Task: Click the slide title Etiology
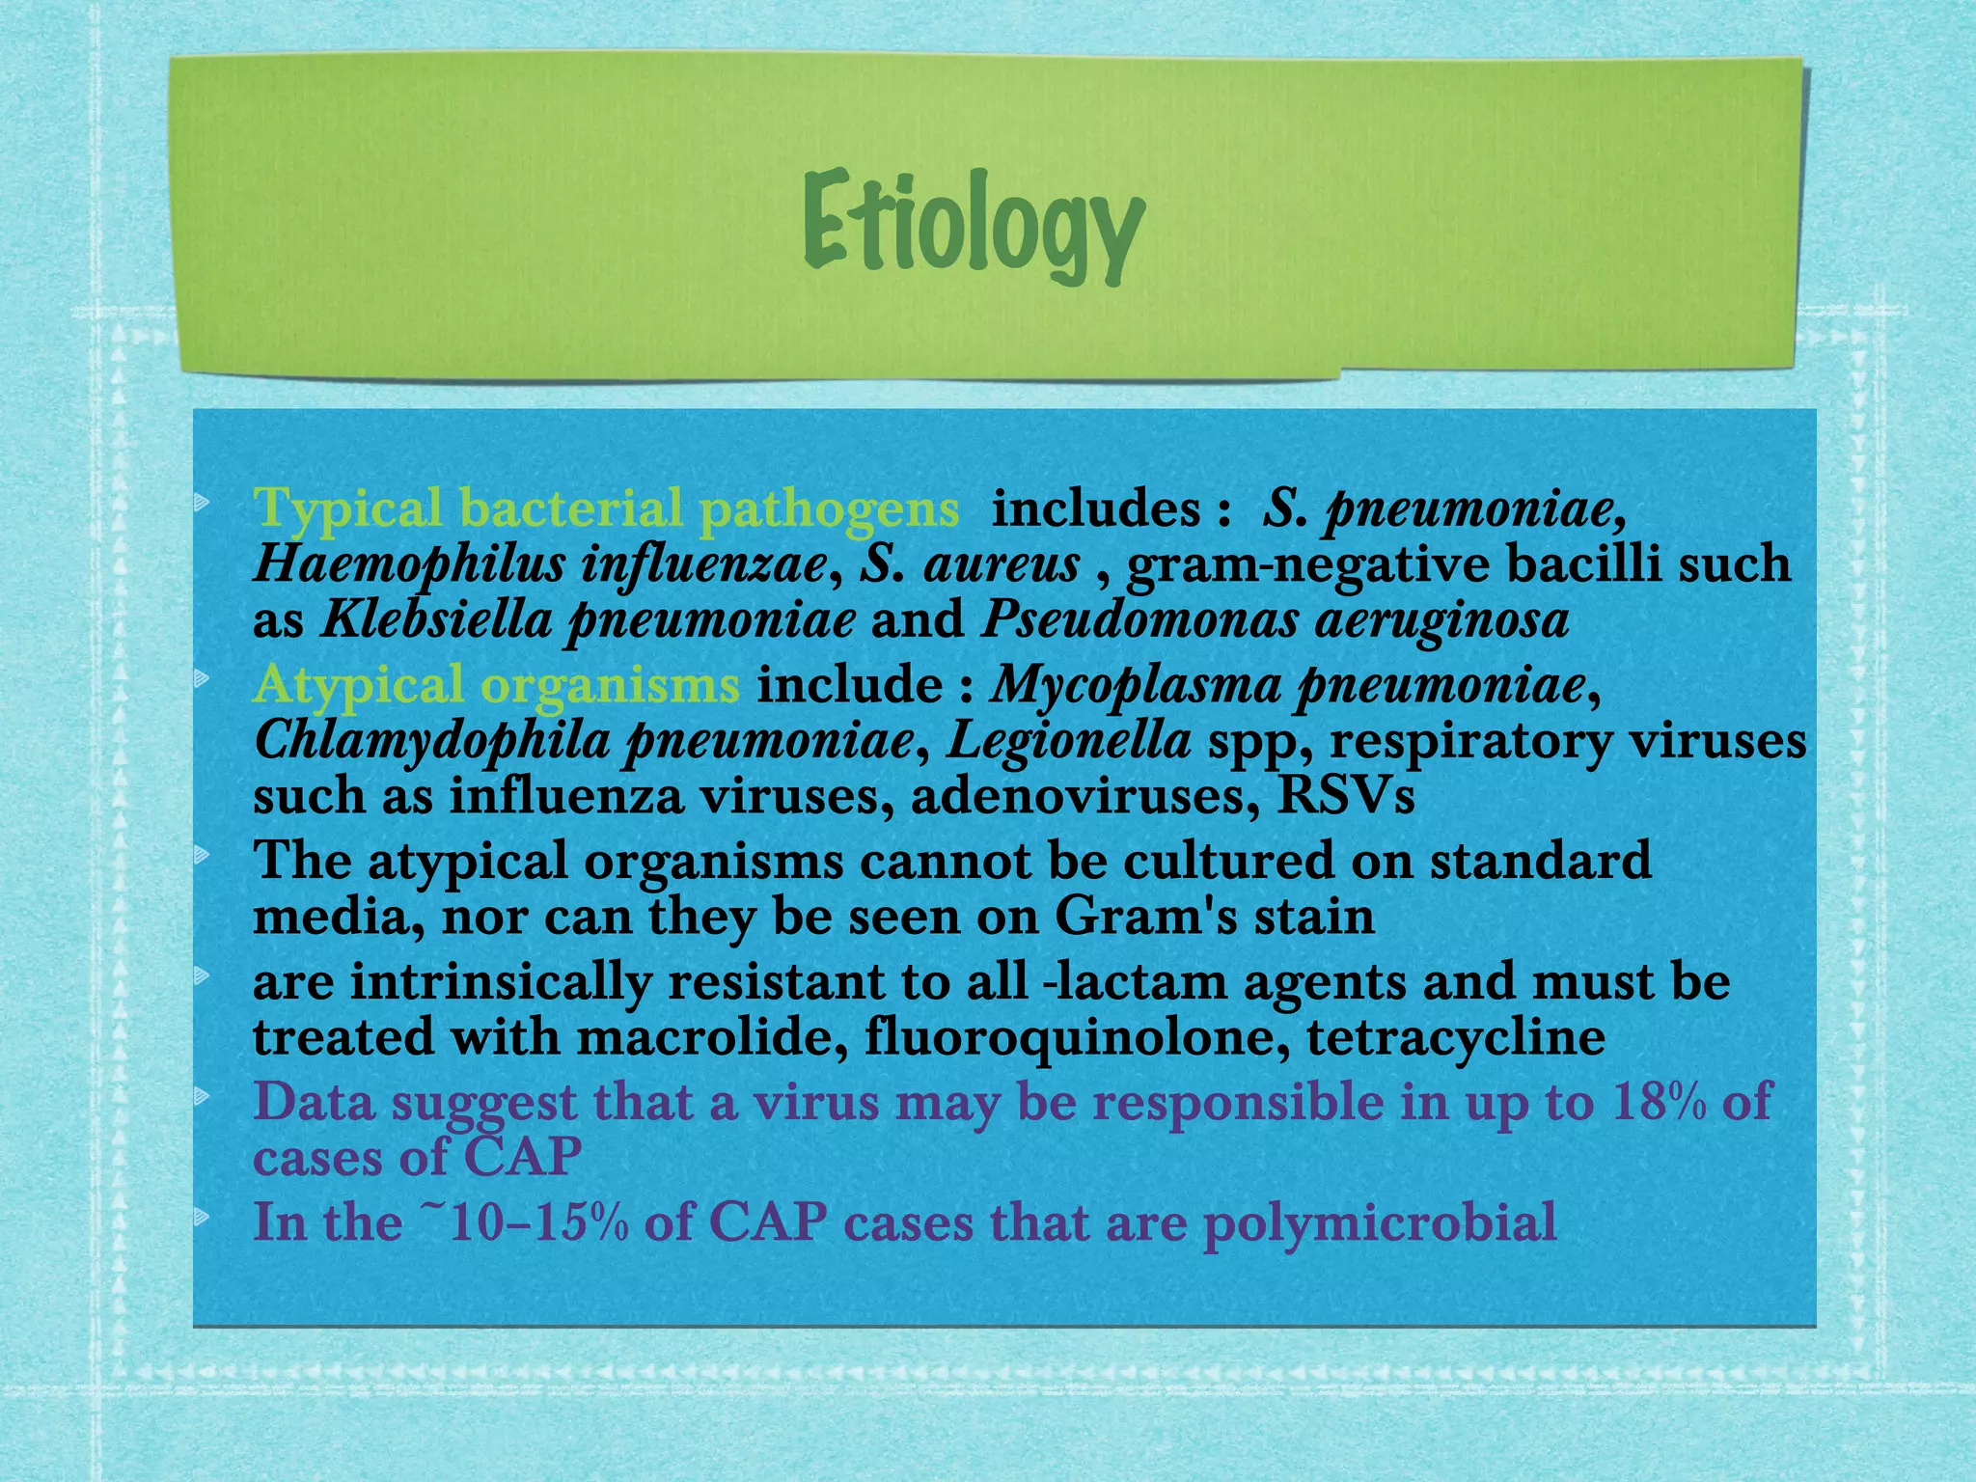click(973, 227)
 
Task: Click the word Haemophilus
click(409, 564)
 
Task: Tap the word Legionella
click(1068, 742)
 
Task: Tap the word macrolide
click(712, 1038)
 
